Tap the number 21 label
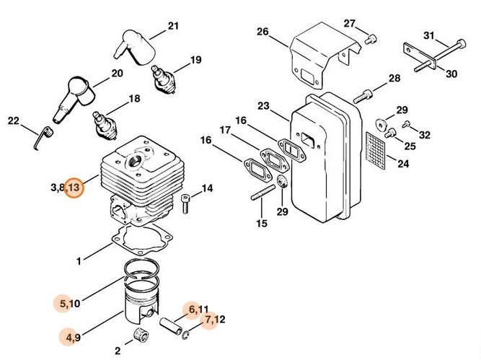click(x=172, y=27)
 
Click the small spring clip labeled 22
click(x=43, y=135)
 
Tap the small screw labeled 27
click(x=370, y=38)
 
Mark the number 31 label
click(x=428, y=35)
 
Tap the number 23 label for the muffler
click(x=263, y=106)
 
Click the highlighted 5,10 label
click(x=69, y=304)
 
